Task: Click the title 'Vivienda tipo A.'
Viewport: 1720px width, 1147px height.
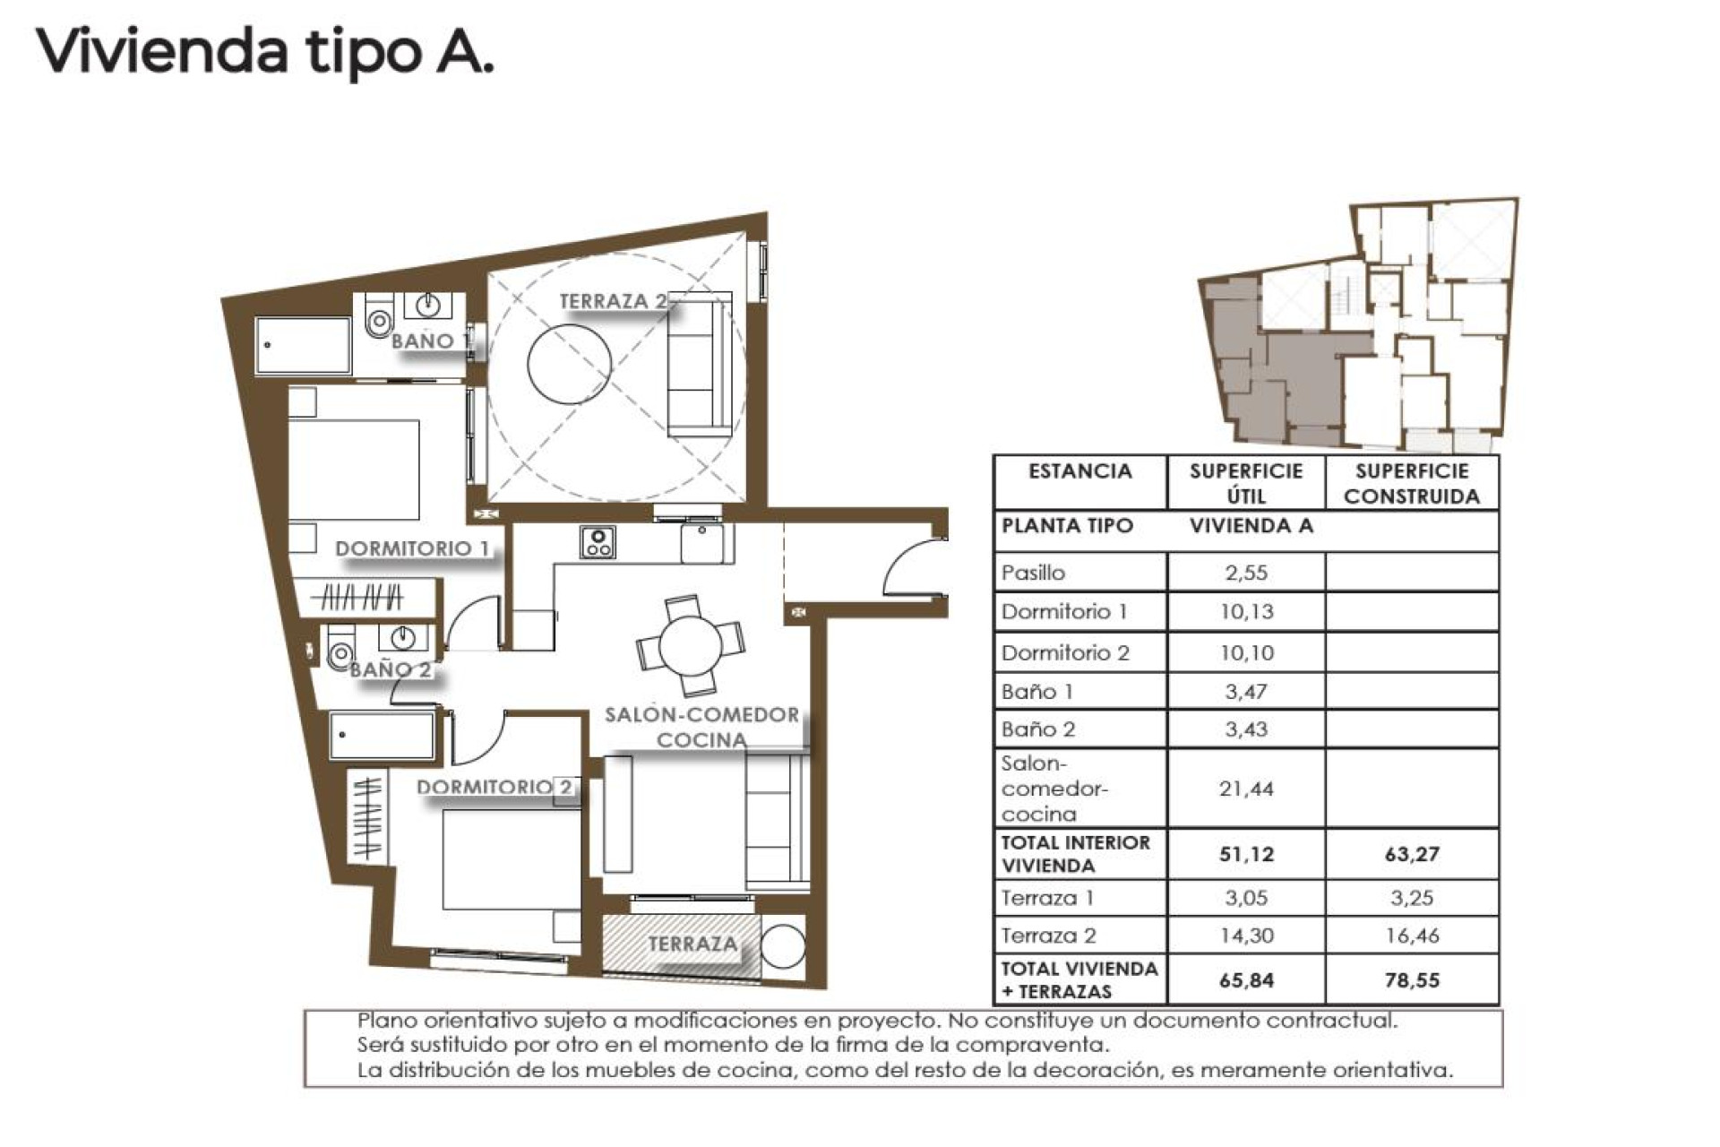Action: tap(265, 52)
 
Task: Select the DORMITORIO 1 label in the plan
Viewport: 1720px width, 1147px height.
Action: tap(413, 548)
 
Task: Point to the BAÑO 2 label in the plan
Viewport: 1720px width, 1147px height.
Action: tap(391, 669)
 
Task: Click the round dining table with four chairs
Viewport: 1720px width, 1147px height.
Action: tap(690, 645)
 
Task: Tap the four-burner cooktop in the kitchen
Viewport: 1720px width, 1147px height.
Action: tap(598, 541)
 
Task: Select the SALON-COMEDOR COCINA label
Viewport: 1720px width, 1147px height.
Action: tap(701, 727)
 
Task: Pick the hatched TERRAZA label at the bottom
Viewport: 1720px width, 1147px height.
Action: tap(692, 944)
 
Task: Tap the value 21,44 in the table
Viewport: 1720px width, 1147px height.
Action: tap(1245, 789)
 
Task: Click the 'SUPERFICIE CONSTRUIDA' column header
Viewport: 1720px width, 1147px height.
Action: tap(1411, 484)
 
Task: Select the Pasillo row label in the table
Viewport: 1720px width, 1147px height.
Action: tap(1034, 573)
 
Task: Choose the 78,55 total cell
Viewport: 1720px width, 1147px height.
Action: tap(1411, 980)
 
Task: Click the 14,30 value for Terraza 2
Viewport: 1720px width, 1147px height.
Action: tap(1245, 936)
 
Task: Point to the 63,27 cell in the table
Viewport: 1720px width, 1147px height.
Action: tap(1411, 854)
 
